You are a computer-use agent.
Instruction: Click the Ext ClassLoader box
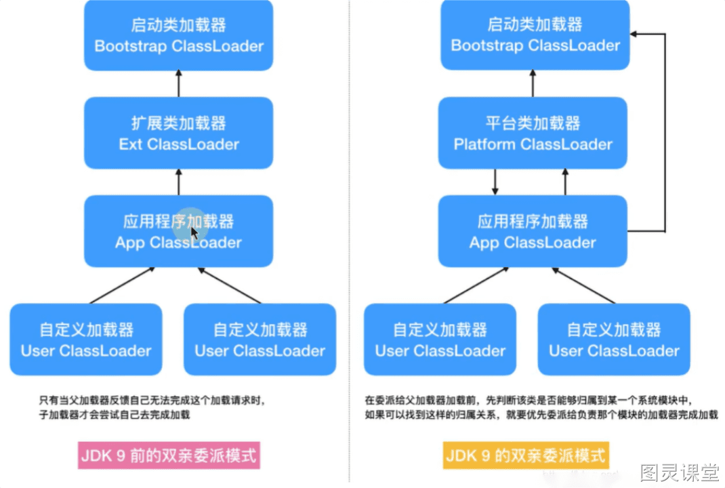click(x=178, y=133)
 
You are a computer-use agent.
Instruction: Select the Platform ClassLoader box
click(x=533, y=133)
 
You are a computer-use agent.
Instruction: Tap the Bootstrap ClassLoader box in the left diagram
click(x=178, y=35)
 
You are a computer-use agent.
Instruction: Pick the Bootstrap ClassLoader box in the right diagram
click(x=535, y=35)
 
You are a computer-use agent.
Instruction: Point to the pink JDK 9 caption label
click(x=169, y=455)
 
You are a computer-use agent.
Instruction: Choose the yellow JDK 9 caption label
click(x=526, y=455)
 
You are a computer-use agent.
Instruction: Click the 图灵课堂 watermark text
click(x=680, y=472)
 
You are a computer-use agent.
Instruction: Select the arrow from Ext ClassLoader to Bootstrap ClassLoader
click(x=178, y=84)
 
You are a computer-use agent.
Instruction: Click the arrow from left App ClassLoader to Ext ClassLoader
click(x=178, y=182)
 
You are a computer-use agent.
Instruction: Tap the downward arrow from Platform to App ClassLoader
click(x=495, y=182)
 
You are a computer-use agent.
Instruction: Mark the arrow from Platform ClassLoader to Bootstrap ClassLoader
click(x=533, y=83)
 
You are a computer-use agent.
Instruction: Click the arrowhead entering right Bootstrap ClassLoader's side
click(x=634, y=34)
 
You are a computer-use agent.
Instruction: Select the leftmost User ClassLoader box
click(x=86, y=339)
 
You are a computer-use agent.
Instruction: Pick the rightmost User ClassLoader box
click(x=614, y=339)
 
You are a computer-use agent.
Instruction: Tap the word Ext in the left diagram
click(x=130, y=144)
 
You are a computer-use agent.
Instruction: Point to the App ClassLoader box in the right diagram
click(x=533, y=231)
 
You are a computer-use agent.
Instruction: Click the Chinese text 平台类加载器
click(x=533, y=123)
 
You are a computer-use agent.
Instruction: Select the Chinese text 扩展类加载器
click(x=178, y=123)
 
